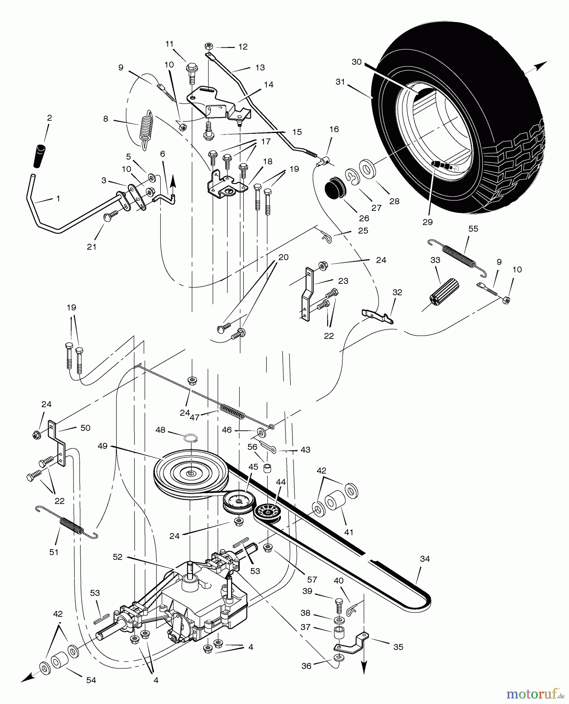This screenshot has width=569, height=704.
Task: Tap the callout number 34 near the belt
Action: [425, 559]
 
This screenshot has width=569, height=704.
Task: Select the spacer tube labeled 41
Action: [335, 501]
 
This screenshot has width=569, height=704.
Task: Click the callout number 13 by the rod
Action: [260, 68]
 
